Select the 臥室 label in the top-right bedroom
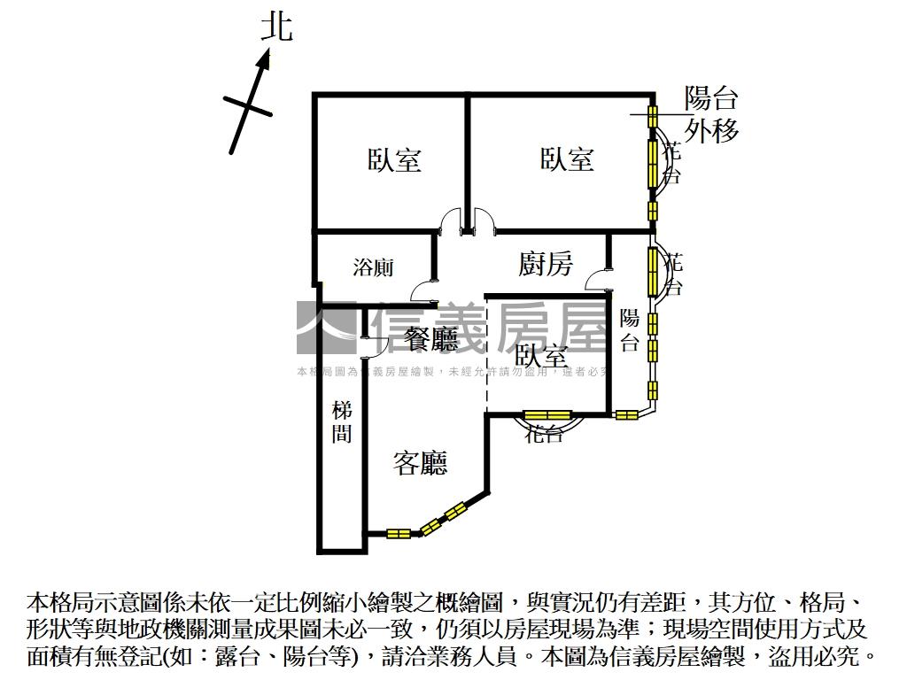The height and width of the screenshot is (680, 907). (x=567, y=160)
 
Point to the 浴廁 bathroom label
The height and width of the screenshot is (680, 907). (x=373, y=267)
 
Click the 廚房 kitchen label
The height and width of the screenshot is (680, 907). (x=546, y=264)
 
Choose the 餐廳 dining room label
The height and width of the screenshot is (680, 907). (x=431, y=337)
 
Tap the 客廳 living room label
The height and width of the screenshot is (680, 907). (x=421, y=462)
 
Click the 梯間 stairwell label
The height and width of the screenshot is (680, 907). (x=342, y=422)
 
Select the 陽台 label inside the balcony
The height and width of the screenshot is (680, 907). (x=630, y=330)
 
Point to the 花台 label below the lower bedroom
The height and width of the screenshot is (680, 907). (x=543, y=434)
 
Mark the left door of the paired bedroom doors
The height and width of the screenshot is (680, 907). (x=453, y=220)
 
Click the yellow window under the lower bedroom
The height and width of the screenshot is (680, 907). (x=547, y=414)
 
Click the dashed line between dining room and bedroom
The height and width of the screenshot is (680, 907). (x=486, y=354)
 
